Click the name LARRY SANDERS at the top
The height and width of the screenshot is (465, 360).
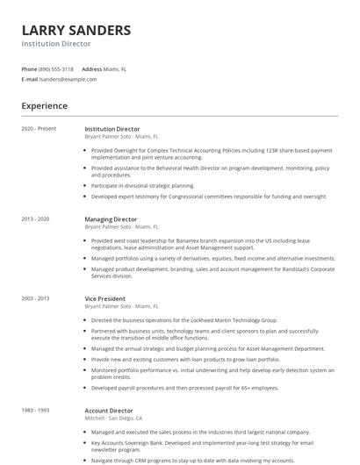(76, 30)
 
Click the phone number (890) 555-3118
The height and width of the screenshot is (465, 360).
(56, 68)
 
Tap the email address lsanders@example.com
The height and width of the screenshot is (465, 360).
(68, 79)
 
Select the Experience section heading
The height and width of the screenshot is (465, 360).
(45, 106)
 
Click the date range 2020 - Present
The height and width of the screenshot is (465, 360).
(39, 129)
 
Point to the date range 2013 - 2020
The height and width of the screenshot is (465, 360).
(35, 219)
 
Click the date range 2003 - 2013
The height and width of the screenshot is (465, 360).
(35, 298)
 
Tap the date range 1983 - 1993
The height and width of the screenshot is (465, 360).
(35, 410)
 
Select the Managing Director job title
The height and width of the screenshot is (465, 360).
(111, 219)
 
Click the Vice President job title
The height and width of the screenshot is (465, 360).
(104, 298)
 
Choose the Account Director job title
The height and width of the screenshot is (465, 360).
(110, 410)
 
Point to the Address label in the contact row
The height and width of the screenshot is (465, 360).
(92, 68)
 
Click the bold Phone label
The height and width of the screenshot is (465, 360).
(29, 68)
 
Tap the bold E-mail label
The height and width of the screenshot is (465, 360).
(29, 79)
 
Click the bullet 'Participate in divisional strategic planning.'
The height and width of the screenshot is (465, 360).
(143, 186)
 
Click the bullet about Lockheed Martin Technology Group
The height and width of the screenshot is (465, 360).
(184, 320)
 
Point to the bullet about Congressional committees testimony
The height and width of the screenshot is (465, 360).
(209, 197)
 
